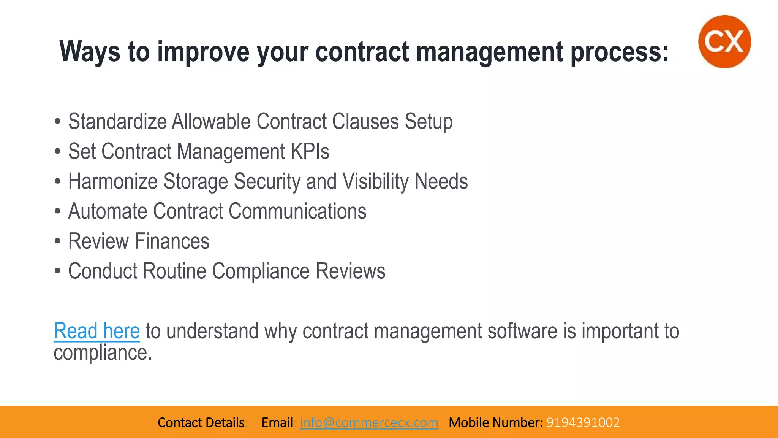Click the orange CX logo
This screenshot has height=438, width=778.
724,41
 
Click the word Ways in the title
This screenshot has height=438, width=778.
90,52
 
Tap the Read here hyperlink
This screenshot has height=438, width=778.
97,331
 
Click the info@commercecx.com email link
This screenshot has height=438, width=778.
369,422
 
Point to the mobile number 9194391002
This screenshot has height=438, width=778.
583,422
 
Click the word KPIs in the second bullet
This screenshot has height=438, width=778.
310,151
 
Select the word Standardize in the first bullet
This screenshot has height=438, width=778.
117,122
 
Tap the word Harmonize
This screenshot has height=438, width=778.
113,181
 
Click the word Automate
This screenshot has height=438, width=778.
108,211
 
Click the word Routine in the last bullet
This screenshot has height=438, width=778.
174,271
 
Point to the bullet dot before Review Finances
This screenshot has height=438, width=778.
57,241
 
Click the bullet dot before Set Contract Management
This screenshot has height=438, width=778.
57,151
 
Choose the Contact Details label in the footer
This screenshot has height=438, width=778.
201,422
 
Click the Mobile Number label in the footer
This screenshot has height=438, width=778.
496,422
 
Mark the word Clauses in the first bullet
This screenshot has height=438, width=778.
365,122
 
